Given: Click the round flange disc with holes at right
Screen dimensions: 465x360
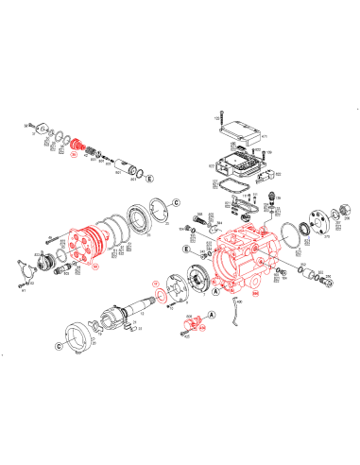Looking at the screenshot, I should [331, 224].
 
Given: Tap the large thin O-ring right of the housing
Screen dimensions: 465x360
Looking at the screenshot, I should [308, 232].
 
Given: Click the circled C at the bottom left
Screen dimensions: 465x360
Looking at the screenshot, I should [59, 348].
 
